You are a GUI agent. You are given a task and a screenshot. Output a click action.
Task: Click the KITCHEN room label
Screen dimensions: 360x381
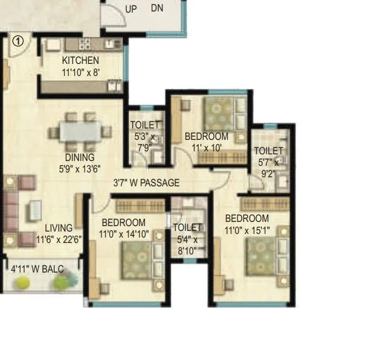pos(80,61)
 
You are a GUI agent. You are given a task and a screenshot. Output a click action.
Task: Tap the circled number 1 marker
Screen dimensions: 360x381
pos(18,41)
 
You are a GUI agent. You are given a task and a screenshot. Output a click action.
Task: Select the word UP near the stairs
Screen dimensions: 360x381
pos(130,9)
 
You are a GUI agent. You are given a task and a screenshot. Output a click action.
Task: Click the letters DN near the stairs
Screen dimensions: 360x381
pos(157,8)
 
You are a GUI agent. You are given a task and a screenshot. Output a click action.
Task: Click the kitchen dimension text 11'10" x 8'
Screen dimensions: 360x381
pos(80,72)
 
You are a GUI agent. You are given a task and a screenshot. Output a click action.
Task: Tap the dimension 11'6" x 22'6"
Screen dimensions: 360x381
pos(59,239)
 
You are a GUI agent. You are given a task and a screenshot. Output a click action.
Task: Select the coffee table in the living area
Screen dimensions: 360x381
pos(36,210)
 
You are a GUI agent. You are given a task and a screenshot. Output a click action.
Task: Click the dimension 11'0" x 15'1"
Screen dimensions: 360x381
pos(247,230)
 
